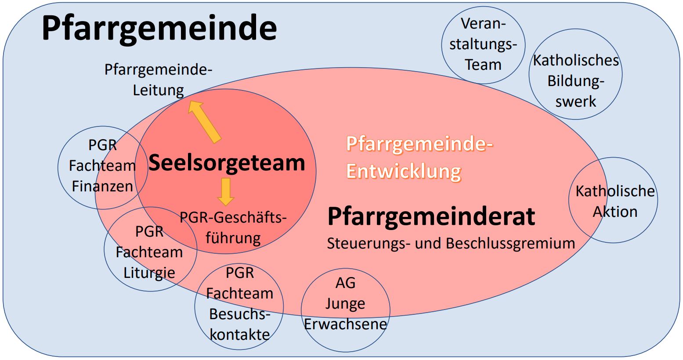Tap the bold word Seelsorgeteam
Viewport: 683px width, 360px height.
point(227,163)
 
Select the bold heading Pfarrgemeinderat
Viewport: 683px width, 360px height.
point(431,216)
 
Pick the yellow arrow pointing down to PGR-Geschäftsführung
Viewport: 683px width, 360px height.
point(226,192)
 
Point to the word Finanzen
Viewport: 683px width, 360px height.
point(102,186)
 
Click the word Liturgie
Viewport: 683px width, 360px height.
point(149,273)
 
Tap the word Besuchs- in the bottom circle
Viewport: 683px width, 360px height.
point(240,314)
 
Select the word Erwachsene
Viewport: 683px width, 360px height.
point(346,324)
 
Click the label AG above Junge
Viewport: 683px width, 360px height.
point(346,283)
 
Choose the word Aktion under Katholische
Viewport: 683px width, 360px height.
point(615,212)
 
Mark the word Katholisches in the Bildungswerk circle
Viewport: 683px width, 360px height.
point(576,61)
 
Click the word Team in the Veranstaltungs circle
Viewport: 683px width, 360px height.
point(483,65)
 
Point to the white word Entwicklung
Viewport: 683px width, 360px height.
point(404,171)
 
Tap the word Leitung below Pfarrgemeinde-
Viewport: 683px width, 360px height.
point(159,90)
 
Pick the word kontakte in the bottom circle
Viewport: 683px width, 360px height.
point(240,335)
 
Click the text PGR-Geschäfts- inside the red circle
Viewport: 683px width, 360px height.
point(233,218)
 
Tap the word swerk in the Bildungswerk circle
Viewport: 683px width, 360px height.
point(576,101)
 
